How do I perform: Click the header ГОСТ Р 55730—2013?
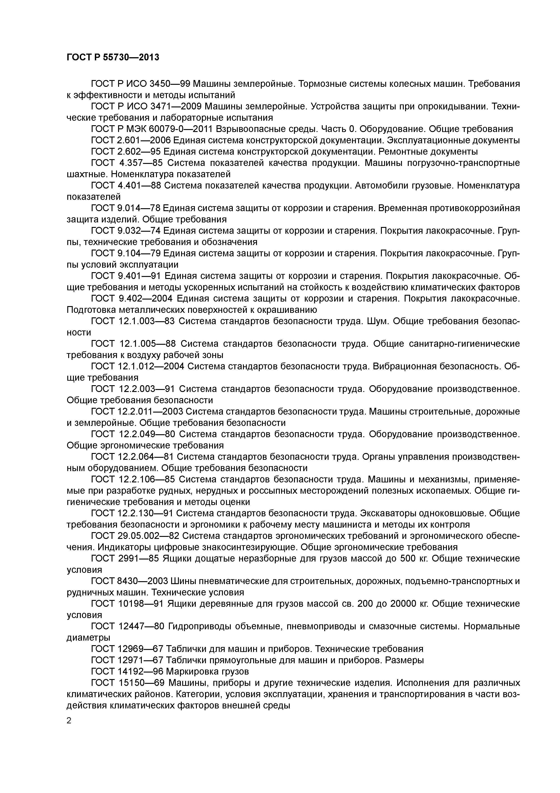113,57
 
